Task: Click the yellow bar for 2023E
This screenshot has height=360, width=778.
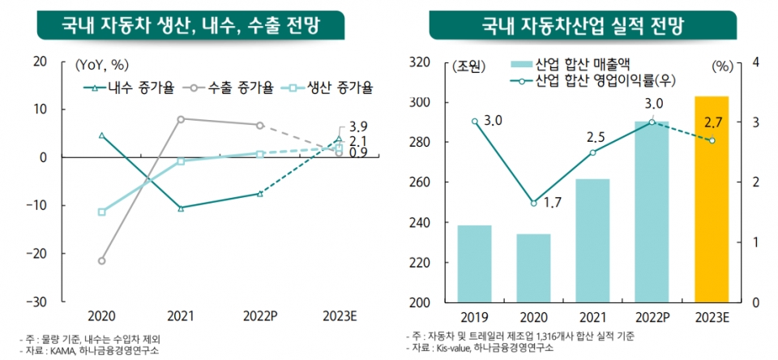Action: point(712,199)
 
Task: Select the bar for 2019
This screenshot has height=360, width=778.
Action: point(474,264)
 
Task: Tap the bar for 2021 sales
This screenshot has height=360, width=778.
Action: point(592,240)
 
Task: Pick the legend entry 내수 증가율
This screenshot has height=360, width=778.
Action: point(130,88)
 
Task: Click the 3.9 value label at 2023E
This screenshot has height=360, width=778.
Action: point(358,127)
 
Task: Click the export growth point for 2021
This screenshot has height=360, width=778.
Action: point(181,118)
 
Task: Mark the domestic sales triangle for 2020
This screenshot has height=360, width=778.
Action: point(102,135)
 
